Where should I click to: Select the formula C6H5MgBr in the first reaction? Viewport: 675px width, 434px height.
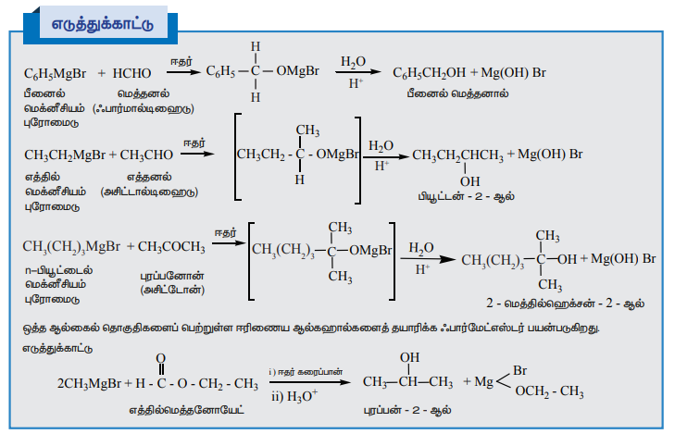(56, 72)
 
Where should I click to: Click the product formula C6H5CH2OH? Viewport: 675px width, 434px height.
(429, 72)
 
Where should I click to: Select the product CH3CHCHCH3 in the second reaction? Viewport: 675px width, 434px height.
(457, 154)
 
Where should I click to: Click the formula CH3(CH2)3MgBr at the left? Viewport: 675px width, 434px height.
(71, 247)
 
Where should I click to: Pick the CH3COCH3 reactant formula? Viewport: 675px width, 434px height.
(171, 247)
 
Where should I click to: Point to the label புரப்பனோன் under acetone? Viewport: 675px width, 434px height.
(172, 275)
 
